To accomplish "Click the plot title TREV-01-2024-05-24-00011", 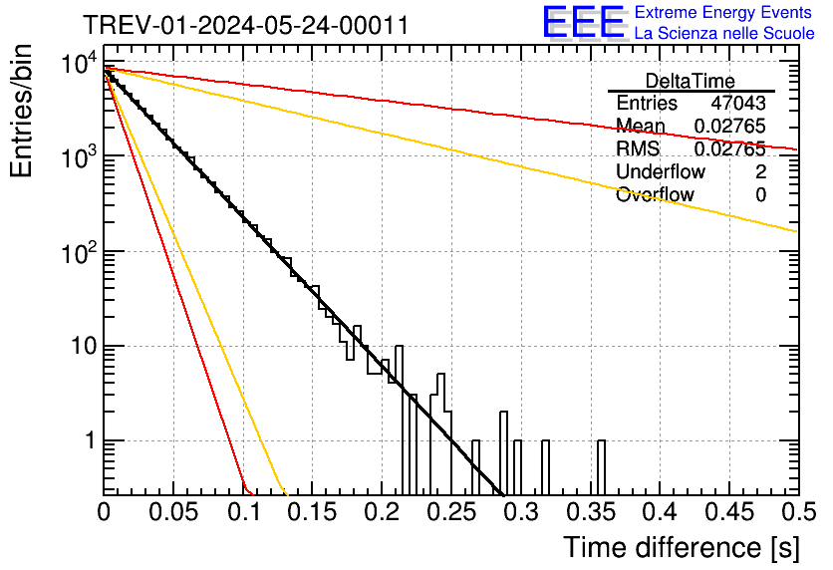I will click(x=244, y=25).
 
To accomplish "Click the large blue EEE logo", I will click(x=583, y=23).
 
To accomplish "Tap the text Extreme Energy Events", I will click(x=723, y=13).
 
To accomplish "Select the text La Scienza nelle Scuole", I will click(x=723, y=34).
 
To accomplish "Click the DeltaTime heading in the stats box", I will click(x=691, y=81).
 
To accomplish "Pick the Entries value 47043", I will click(x=738, y=104).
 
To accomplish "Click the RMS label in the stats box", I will click(x=638, y=149).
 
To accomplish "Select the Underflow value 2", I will click(x=760, y=172).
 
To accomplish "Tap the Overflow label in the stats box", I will click(x=655, y=195).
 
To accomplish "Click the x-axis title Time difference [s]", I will click(x=680, y=547).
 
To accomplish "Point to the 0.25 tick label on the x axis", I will click(x=451, y=512).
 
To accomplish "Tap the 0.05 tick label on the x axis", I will click(x=173, y=512).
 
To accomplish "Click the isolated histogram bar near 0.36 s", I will click(x=601, y=466).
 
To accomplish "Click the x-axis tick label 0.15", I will click(x=312, y=512).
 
